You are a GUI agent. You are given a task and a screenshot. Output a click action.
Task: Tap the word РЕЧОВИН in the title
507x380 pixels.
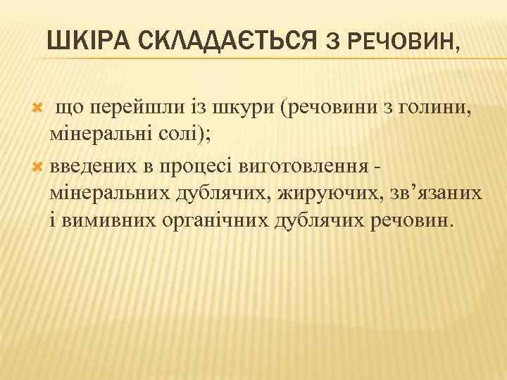pyautogui.click(x=405, y=44)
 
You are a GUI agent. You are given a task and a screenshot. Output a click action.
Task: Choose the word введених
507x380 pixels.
pyautogui.click(x=94, y=165)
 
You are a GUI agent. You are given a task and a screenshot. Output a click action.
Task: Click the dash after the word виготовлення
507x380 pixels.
pyautogui.click(x=380, y=166)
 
